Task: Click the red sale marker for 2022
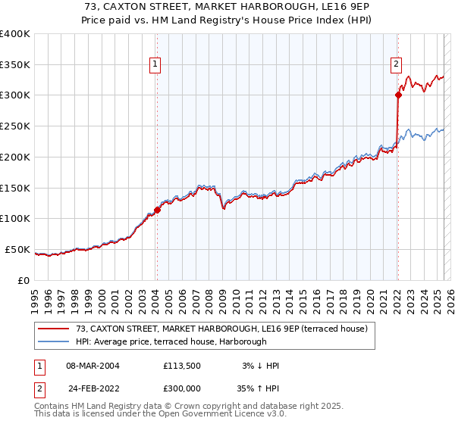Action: pos(397,95)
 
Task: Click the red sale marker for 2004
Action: pos(157,210)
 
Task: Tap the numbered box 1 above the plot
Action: pos(155,65)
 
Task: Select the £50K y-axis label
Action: pos(17,249)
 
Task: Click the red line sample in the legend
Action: pos(55,329)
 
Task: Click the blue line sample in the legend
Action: pos(55,341)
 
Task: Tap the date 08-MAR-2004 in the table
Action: pos(93,366)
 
